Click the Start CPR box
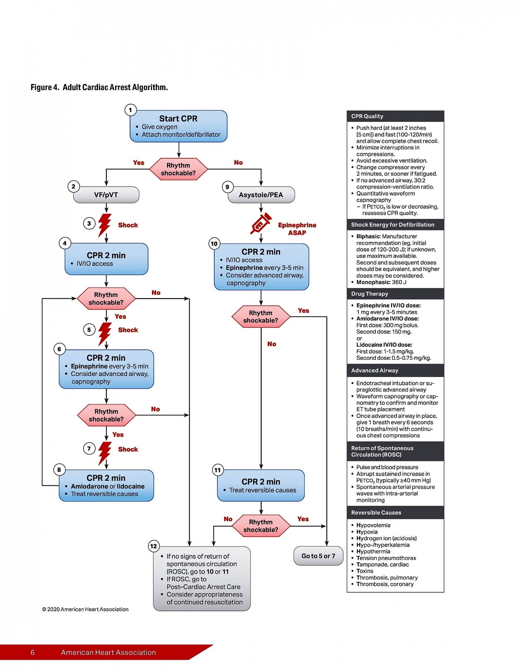pos(178,126)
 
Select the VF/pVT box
pos(106,195)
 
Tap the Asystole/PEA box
pos(261,195)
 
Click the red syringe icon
pos(261,223)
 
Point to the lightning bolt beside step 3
pos(104,225)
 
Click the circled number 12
pos(154,546)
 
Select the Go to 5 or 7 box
pos(318,556)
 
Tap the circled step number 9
pos(227,187)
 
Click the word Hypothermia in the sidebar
pos(373,551)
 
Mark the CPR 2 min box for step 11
pos(261,486)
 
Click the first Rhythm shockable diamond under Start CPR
pos(178,169)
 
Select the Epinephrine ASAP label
pos(297,229)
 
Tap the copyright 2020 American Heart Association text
pos(85,609)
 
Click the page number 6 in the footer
pos(33,653)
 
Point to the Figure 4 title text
pos(99,87)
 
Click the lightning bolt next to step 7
pos(104,453)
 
